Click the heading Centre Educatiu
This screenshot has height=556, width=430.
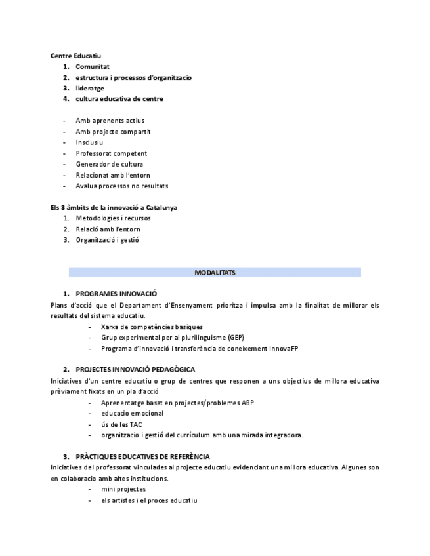pos(75,56)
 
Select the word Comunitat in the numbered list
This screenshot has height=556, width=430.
pos(92,66)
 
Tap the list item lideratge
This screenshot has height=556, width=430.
pos(90,88)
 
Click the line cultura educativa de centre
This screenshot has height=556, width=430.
pos(119,99)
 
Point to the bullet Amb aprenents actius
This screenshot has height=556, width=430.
pos(110,121)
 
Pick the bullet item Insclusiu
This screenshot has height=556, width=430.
pos(89,142)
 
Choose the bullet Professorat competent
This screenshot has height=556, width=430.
pos(111,153)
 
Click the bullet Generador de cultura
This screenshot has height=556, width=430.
pos(109,164)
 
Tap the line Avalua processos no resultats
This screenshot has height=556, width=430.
pos(121,186)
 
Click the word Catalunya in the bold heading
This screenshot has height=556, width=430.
pos(161,207)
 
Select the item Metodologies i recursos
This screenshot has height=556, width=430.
pos(113,218)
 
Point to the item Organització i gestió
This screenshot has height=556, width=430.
pos(107,240)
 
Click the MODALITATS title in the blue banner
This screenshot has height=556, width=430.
pos(215,272)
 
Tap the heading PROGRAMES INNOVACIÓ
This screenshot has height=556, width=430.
pos(116,294)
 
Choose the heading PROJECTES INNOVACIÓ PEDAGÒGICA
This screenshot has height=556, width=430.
pos(135,370)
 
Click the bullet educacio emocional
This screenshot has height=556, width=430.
pos(132,413)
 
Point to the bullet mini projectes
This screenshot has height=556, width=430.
pos(123,489)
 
